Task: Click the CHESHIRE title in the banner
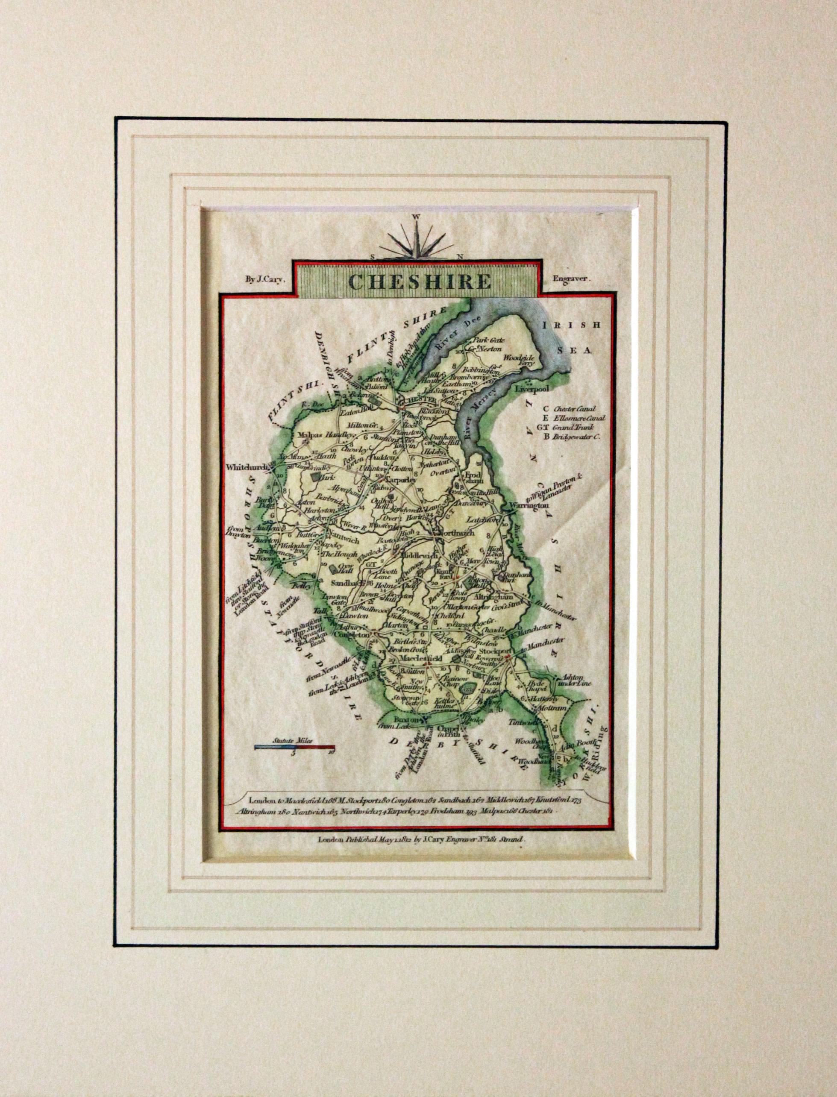click(x=420, y=281)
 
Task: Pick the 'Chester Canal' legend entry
click(x=573, y=408)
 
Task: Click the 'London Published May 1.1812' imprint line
click(x=421, y=839)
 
